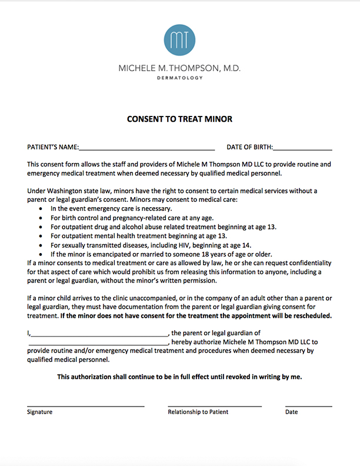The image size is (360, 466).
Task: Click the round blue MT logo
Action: point(180,39)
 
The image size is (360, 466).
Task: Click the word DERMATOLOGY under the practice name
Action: point(180,78)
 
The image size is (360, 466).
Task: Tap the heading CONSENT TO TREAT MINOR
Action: point(180,119)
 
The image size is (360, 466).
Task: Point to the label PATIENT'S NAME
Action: point(53,147)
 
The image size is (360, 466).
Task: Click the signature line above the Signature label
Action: point(85,406)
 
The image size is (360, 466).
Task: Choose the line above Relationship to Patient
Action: point(215,406)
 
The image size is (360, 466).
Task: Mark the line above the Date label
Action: point(308,406)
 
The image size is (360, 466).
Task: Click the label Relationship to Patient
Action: point(198,412)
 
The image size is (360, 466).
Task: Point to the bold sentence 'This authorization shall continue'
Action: point(179,377)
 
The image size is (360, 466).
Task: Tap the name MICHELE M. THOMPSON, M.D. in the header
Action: point(180,68)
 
